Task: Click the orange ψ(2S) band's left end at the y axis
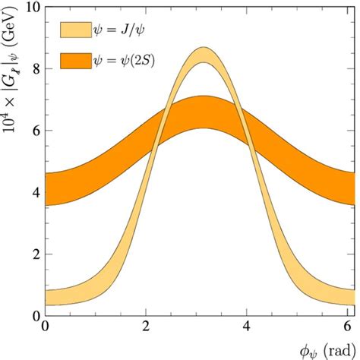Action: click(x=48, y=189)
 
